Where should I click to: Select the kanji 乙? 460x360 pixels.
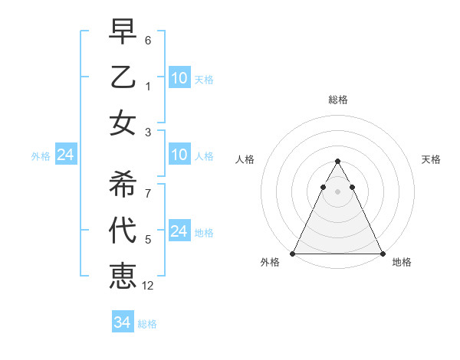[123, 77]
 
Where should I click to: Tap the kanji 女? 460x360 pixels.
[123, 123]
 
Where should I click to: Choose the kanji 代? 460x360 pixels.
[123, 230]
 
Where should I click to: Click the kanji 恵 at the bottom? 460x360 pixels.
[123, 277]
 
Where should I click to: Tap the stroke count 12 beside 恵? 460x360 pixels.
[149, 286]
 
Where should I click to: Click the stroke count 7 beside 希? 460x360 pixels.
[148, 193]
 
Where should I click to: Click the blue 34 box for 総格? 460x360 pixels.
[123, 323]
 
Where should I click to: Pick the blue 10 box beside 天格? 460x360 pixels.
[179, 78]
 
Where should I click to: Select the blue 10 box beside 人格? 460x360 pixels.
[179, 155]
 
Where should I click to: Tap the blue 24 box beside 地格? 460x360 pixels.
[179, 231]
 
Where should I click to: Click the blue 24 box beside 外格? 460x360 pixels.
[65, 155]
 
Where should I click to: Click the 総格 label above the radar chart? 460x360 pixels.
[337, 100]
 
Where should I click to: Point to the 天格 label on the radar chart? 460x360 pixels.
[432, 159]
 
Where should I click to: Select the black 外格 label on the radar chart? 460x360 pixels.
[270, 263]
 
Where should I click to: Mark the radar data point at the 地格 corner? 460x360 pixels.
[382, 254]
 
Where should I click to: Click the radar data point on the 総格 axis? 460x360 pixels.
[337, 162]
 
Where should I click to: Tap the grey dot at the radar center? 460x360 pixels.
[337, 191]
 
